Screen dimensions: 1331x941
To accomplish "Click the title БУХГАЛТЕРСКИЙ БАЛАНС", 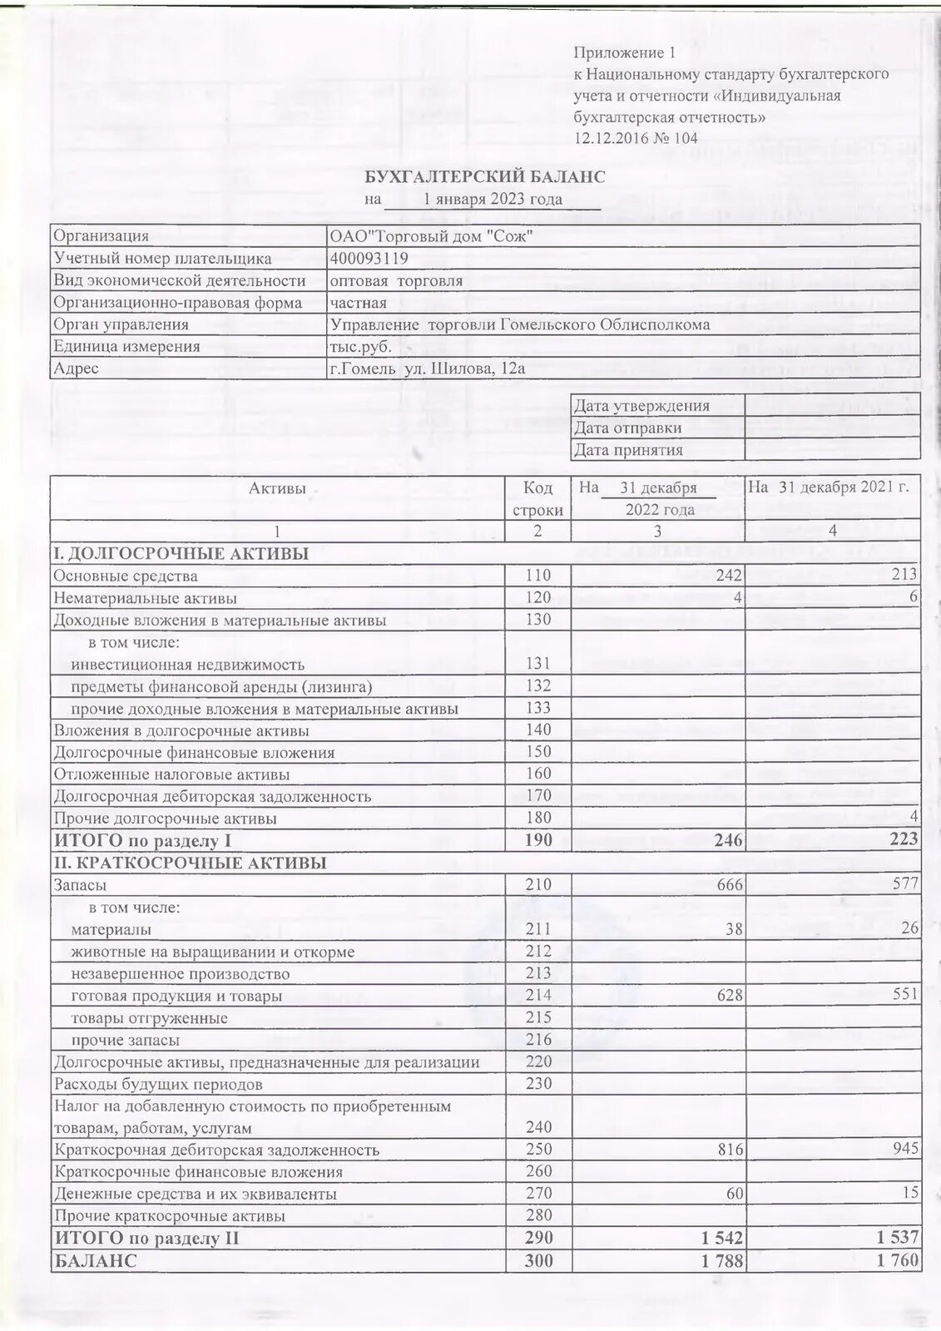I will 486,177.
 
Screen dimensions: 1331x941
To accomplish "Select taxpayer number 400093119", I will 369,259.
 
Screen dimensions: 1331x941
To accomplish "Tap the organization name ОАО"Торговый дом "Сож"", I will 431,236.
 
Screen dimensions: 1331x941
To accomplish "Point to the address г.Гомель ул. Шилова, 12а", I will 428,369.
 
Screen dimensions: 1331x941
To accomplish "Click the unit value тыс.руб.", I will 360,347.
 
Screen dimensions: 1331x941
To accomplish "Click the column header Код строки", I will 537,499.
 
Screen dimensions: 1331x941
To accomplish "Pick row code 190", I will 538,840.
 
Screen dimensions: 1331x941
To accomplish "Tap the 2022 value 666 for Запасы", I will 729,885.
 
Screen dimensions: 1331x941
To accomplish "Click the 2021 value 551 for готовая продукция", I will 904,994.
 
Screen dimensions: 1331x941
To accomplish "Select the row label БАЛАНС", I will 96,1260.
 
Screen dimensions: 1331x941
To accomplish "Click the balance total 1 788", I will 721,1260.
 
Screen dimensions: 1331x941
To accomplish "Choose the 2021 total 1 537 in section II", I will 897,1238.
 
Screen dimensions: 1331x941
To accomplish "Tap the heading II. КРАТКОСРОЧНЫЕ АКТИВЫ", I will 190,863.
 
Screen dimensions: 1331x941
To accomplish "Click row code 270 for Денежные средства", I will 538,1193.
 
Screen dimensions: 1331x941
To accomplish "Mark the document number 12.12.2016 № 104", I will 636,138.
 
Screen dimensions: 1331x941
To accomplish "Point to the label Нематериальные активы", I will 145,598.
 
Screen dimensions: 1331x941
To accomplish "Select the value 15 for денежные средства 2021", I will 910,1193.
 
